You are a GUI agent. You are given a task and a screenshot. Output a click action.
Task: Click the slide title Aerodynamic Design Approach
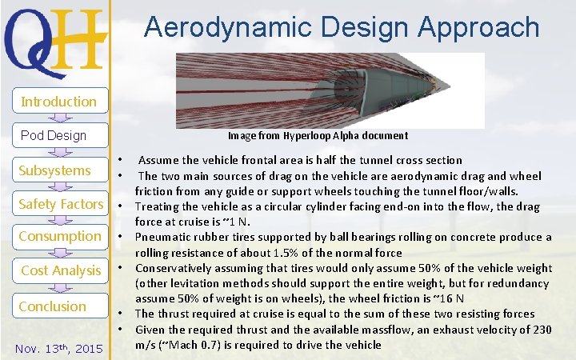[342, 27]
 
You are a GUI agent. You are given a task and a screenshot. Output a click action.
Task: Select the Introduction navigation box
[58, 102]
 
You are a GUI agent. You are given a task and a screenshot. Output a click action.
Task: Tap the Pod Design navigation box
[54, 135]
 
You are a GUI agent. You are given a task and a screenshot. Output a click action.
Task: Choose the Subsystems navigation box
[54, 170]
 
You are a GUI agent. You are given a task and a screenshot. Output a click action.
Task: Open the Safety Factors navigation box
[61, 204]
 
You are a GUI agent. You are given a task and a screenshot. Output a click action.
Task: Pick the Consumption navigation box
[60, 237]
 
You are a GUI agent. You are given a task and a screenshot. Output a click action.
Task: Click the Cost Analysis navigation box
[61, 270]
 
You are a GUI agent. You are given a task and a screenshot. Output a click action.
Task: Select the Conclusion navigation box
[52, 306]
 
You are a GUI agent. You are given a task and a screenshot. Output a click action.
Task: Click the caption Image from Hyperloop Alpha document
[318, 136]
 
